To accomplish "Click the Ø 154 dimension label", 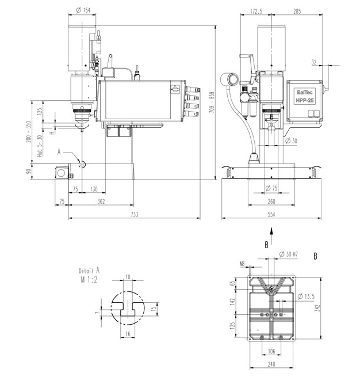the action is point(83,10).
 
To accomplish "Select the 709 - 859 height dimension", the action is point(212,102).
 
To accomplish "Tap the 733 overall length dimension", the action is point(135,215).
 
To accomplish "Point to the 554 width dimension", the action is point(271,215).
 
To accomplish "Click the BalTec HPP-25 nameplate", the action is point(305,96).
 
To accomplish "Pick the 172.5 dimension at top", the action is point(256,11).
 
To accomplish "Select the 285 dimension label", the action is point(297,11).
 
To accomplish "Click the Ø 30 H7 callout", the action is point(288,254).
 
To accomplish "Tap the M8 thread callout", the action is point(242,264).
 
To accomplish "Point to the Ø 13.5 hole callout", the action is point(306,296).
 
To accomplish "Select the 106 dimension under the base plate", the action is point(271,351).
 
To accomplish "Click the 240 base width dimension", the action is point(271,364).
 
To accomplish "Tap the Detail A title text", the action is point(89,271).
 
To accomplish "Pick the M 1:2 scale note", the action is point(89,280).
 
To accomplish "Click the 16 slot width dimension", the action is point(128,334).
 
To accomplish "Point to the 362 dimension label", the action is point(101,202).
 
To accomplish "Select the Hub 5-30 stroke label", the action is point(40,146).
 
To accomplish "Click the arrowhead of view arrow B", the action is point(271,231).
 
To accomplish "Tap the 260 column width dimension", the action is point(271,202).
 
